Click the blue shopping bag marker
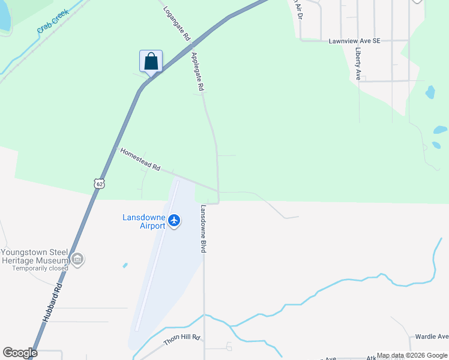pyautogui.click(x=151, y=62)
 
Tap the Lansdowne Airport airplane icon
pyautogui.click(x=174, y=221)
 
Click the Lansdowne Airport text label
pyautogui.click(x=143, y=221)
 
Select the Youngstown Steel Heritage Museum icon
pyautogui.click(x=77, y=259)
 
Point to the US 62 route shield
pyautogui.click(x=98, y=182)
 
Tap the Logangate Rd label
pyautogui.click(x=176, y=23)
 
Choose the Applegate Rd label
pyautogui.click(x=197, y=72)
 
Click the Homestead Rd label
pyautogui.click(x=140, y=160)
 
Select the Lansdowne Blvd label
pyautogui.click(x=203, y=229)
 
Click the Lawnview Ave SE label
pyautogui.click(x=355, y=41)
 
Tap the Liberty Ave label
pyautogui.click(x=358, y=64)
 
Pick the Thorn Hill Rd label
pyautogui.click(x=181, y=340)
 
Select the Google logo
pyautogui.click(x=20, y=353)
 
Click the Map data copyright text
pyautogui.click(x=412, y=356)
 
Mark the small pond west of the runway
pyautogui.click(x=125, y=265)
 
